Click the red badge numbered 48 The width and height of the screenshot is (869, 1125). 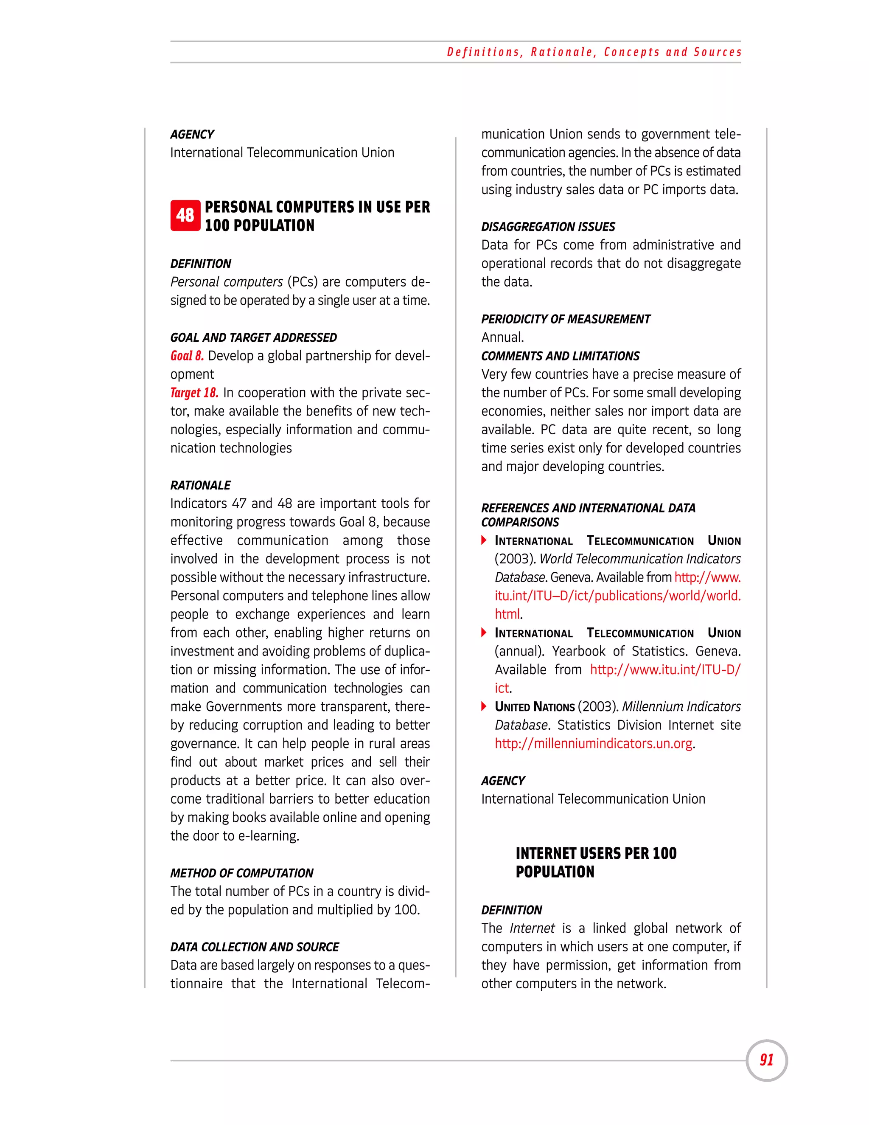[185, 215]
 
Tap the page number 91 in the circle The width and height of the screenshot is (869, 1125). [767, 1060]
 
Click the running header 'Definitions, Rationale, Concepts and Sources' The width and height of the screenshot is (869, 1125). [594, 52]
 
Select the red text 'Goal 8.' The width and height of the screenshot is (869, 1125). [187, 356]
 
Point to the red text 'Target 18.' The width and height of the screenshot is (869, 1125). [194, 393]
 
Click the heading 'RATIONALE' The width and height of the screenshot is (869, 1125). [200, 485]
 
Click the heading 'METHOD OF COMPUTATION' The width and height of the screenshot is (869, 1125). [241, 873]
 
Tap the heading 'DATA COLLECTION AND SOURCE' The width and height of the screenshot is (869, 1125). [254, 947]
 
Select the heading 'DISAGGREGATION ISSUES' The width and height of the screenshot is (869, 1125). [548, 227]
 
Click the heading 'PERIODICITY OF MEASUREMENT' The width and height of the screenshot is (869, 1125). [565, 319]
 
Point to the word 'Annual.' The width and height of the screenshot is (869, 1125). [502, 337]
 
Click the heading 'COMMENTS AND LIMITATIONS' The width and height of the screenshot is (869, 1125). [560, 356]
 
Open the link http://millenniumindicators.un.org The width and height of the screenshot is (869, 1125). [593, 743]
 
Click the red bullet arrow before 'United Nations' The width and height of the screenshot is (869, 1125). [484, 706]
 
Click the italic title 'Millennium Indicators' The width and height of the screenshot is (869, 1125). [681, 706]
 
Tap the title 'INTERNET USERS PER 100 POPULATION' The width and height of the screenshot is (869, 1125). [596, 862]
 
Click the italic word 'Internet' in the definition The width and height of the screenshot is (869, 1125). [532, 928]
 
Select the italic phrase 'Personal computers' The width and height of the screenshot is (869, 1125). [227, 282]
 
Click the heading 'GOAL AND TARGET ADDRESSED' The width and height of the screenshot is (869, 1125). [253, 337]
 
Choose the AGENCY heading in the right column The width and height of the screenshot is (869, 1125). [502, 780]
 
